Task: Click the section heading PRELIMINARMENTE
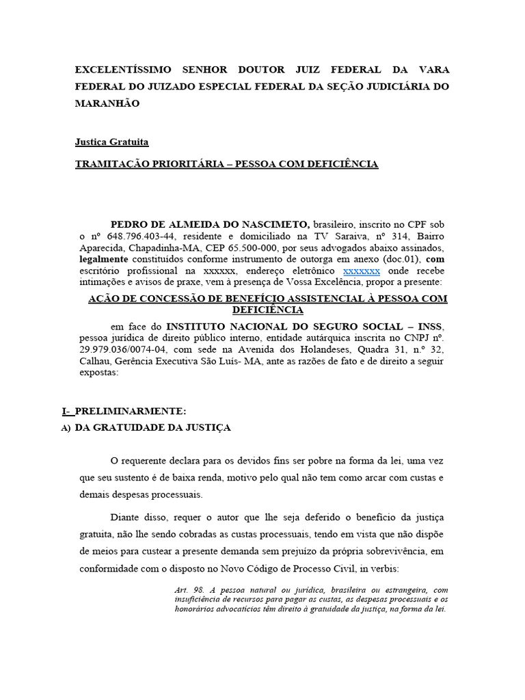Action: (x=130, y=412)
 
